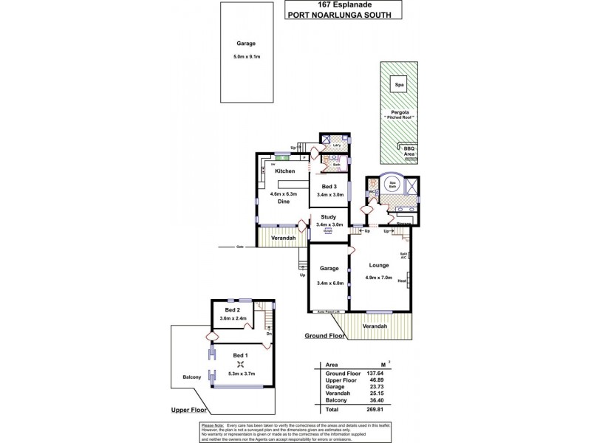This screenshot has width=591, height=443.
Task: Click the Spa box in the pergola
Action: coord(400,84)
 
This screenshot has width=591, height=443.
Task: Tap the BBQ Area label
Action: coord(409,151)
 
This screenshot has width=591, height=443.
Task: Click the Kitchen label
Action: coord(285,171)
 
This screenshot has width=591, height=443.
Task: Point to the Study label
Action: coord(328,216)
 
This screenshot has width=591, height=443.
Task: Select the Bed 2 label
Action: coord(233,309)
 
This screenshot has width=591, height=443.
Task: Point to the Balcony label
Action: coord(193,377)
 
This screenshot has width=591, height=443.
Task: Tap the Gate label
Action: coord(239,247)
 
